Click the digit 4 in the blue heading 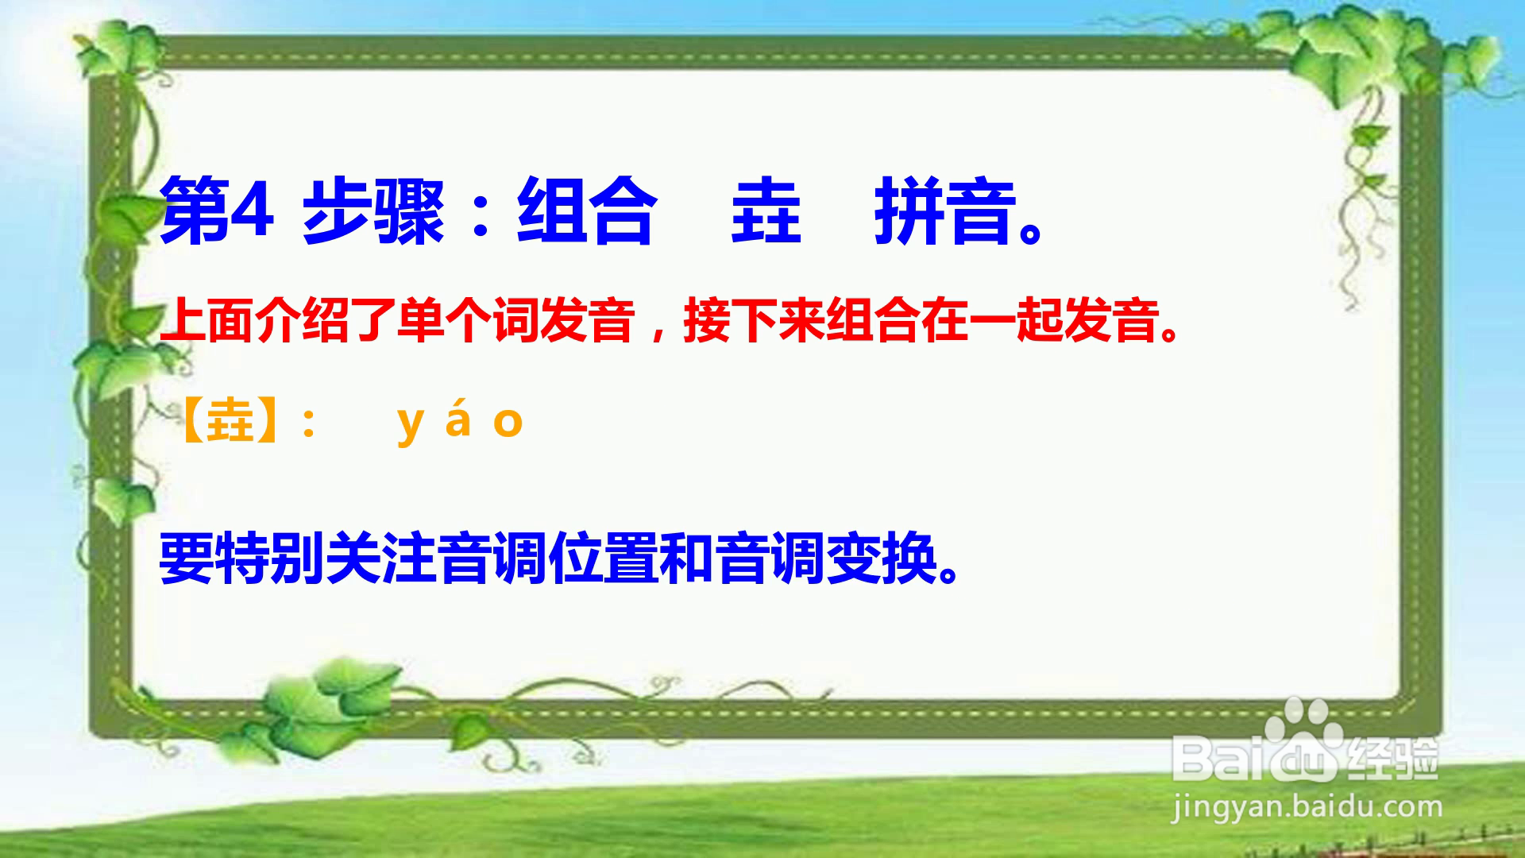coord(252,211)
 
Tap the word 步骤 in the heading coord(373,212)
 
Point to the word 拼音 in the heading coord(945,212)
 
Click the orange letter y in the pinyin coord(410,425)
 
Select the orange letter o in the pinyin coord(508,422)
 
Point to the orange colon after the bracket coord(309,422)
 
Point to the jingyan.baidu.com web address coord(1306,807)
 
